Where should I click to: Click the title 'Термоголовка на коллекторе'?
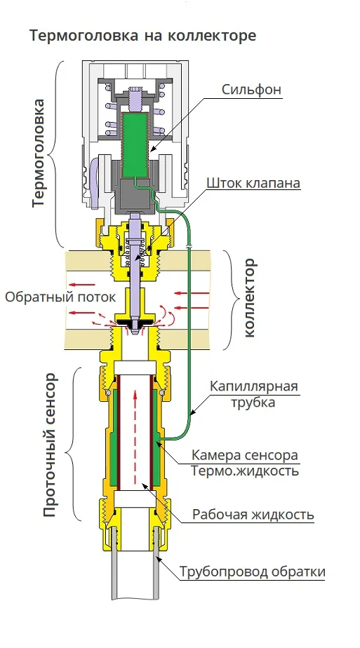(142, 35)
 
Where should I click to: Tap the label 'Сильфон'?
(251, 90)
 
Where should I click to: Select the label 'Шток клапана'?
(253, 182)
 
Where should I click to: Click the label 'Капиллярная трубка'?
(253, 394)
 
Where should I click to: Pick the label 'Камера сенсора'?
(244, 455)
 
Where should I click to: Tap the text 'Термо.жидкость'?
(244, 471)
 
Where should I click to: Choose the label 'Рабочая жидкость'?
(253, 515)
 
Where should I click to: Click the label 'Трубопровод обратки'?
(252, 572)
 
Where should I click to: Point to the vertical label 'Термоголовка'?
(38, 154)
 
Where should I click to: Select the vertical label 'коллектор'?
(250, 298)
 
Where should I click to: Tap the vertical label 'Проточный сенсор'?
(49, 445)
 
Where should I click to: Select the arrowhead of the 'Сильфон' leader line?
(152, 149)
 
